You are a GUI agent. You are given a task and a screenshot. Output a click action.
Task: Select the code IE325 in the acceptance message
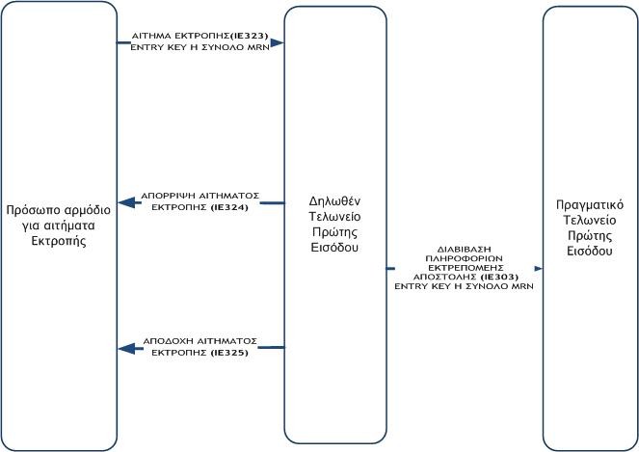[230, 353]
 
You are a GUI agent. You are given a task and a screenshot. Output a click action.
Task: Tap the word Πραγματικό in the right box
[590, 204]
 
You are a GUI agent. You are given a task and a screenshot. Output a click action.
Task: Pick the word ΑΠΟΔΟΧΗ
[166, 341]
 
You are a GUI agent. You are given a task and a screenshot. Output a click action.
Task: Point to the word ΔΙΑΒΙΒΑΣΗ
[464, 249]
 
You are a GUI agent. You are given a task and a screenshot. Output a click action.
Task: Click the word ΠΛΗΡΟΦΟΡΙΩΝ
[464, 257]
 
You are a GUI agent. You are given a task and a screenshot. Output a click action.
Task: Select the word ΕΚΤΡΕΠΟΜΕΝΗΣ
[464, 266]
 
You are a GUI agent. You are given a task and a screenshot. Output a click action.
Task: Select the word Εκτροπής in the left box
[60, 241]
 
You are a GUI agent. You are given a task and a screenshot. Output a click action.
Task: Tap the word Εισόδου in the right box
[590, 251]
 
